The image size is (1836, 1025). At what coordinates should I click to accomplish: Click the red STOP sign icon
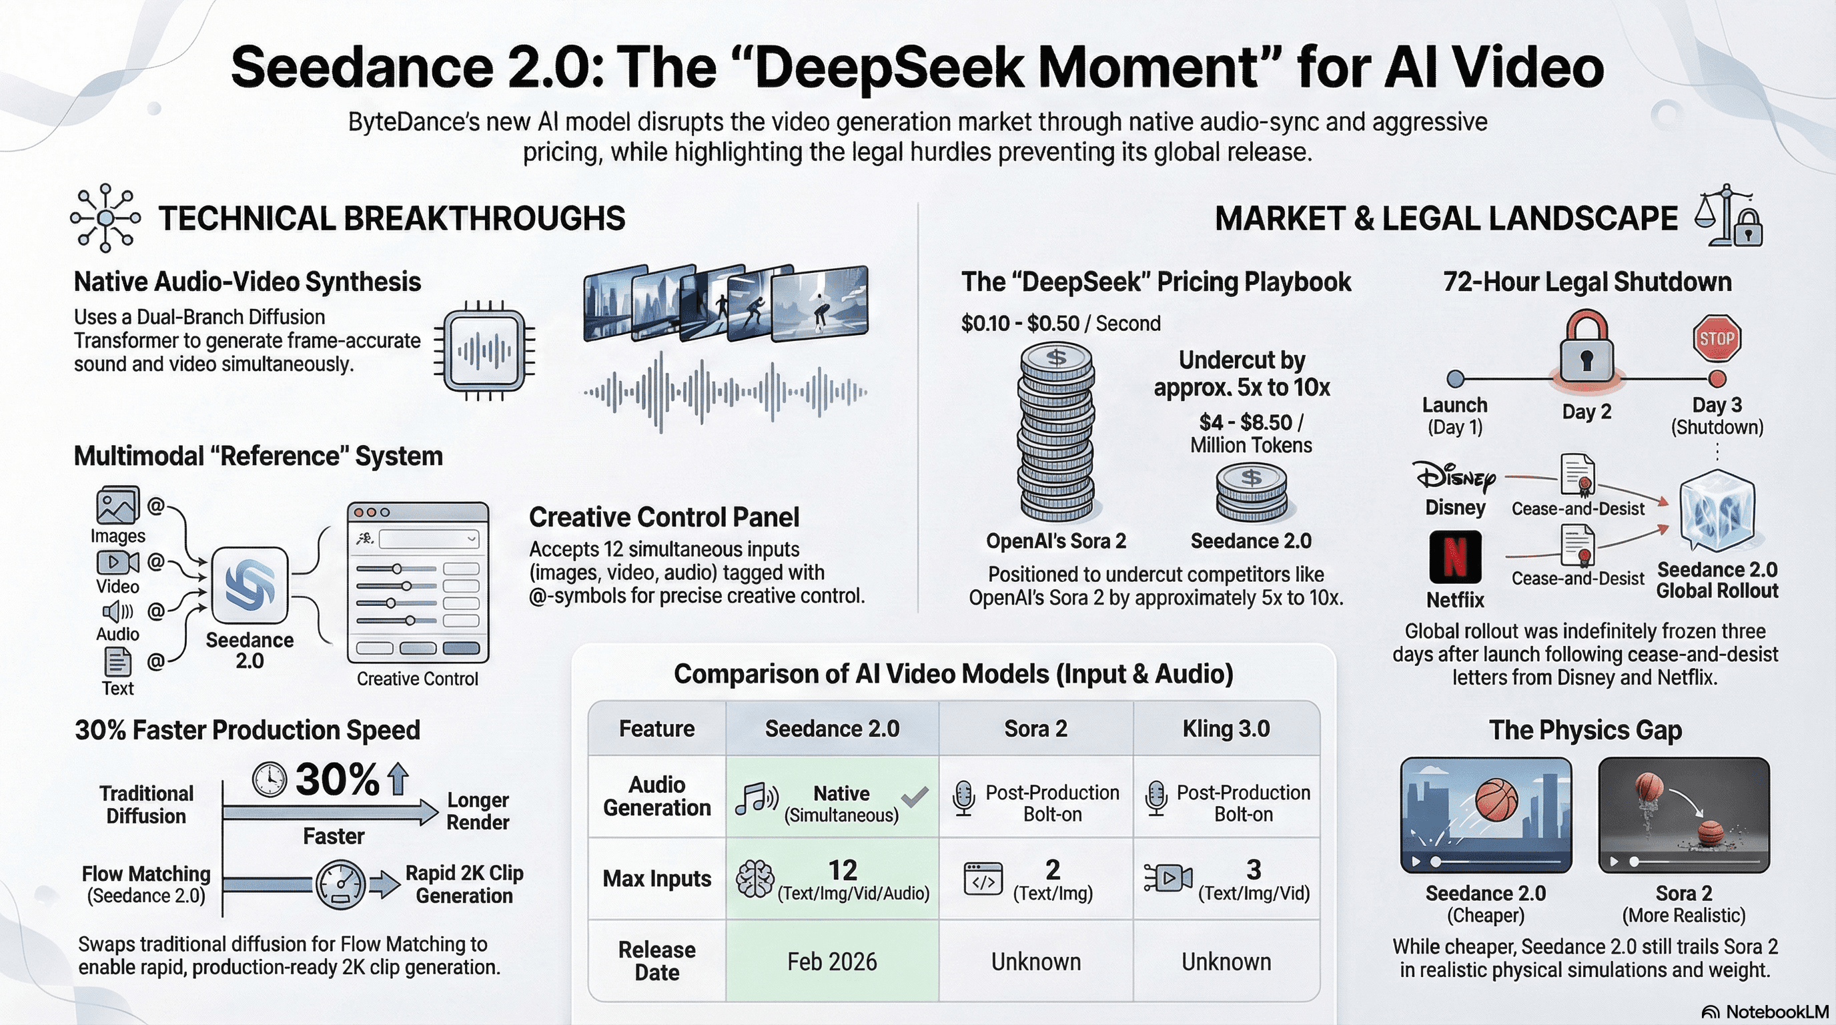[x=1717, y=338]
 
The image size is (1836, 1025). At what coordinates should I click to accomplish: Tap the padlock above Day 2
[x=1586, y=349]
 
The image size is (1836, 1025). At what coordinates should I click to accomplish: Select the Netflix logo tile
[x=1454, y=557]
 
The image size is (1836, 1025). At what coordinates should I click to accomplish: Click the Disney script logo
[x=1454, y=477]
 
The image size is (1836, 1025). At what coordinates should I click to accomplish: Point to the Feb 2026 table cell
[x=832, y=962]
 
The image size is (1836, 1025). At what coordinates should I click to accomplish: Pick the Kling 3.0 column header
[x=1226, y=729]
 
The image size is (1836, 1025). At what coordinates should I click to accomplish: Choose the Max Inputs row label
[x=656, y=878]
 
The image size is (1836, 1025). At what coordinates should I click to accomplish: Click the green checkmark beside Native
[x=915, y=796]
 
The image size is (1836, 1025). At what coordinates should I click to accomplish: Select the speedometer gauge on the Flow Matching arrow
[x=340, y=885]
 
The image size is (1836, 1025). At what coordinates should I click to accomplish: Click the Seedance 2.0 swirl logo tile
[x=250, y=585]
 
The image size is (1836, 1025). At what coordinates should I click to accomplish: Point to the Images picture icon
[x=117, y=505]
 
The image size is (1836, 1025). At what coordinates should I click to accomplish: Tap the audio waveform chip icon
[x=484, y=350]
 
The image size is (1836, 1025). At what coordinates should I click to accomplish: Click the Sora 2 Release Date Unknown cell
[x=1035, y=962]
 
